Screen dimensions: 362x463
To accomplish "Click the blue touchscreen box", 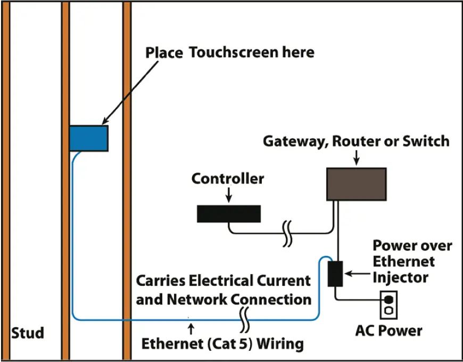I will click(x=89, y=138).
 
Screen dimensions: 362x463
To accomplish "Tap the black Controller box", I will click(x=228, y=213).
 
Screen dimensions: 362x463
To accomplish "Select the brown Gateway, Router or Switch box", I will click(x=355, y=184).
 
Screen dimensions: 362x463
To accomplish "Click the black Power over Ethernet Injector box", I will click(x=335, y=273).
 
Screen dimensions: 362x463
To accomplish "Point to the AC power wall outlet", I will click(x=388, y=305).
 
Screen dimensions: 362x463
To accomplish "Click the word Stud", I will click(x=28, y=333).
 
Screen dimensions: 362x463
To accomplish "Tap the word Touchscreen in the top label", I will click(x=252, y=52).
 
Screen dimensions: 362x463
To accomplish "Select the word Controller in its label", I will click(x=228, y=179).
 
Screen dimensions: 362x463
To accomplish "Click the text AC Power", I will click(x=388, y=331).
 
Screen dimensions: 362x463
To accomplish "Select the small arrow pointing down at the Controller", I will click(x=228, y=196).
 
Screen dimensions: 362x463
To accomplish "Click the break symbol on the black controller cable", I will click(x=287, y=234).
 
